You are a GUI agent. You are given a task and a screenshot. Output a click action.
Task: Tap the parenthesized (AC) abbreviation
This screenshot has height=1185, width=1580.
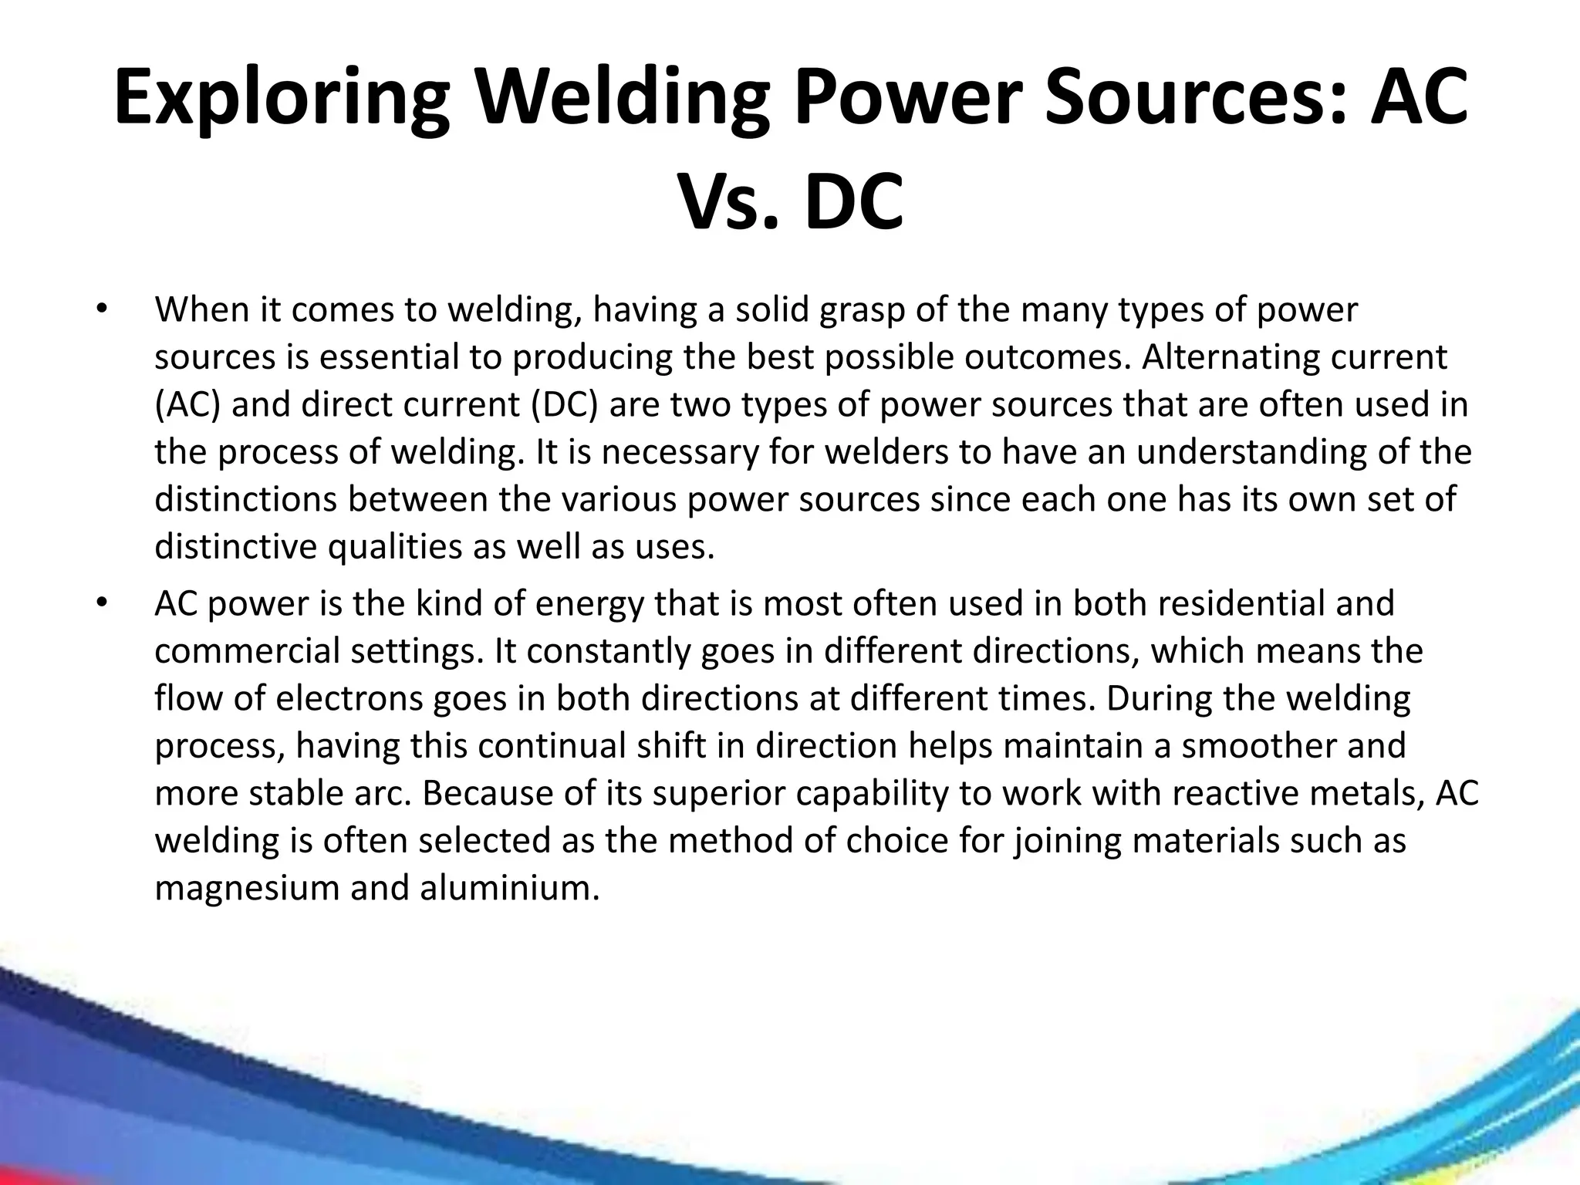point(187,405)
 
